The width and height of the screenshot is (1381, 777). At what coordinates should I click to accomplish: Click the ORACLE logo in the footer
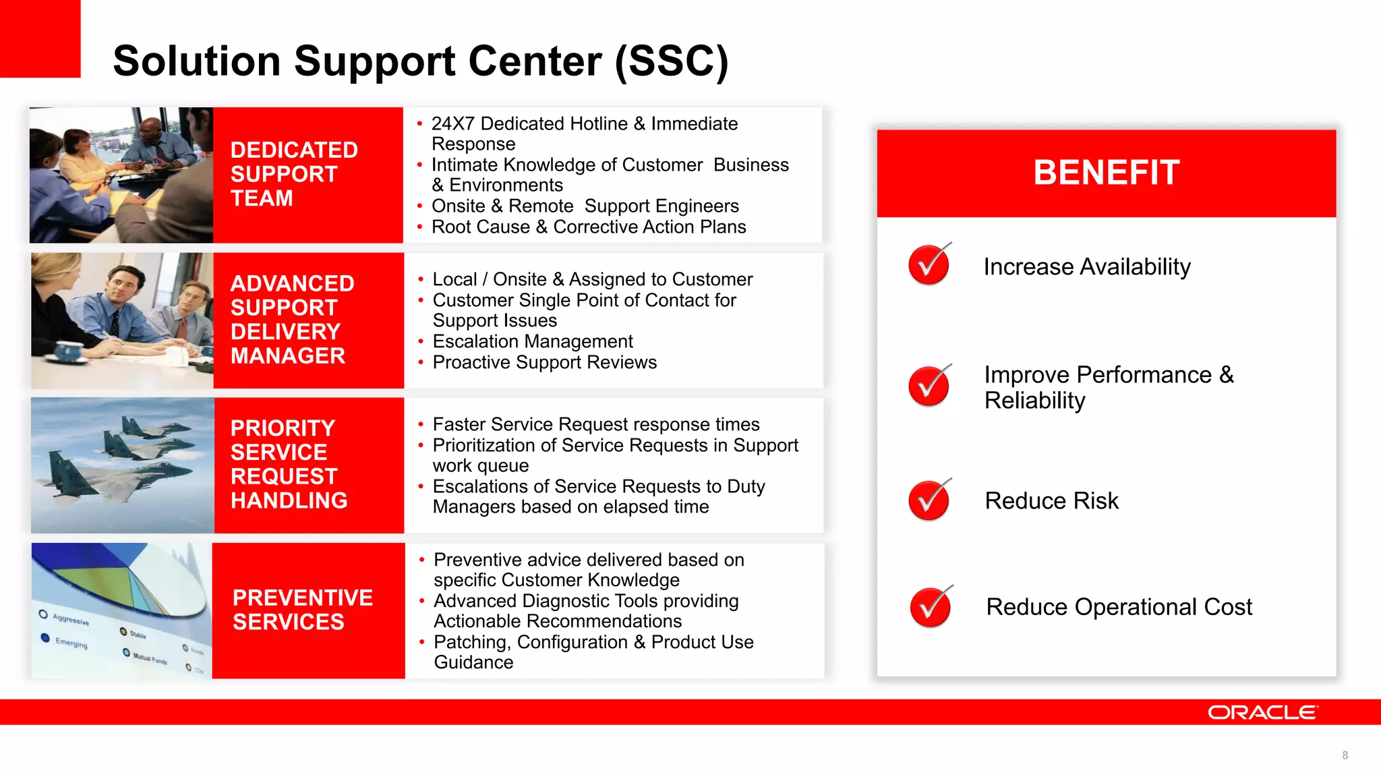[x=1262, y=712]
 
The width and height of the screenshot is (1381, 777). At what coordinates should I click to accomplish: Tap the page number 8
[x=1345, y=755]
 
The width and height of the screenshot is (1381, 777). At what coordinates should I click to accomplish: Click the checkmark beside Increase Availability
[x=929, y=264]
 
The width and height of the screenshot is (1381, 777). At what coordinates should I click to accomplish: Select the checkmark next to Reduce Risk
[x=929, y=500]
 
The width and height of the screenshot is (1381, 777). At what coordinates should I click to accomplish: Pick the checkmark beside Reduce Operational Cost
[x=931, y=606]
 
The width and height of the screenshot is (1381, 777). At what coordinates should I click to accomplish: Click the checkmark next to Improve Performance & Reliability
[x=929, y=386]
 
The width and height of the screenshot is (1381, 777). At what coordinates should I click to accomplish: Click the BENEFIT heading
[x=1107, y=173]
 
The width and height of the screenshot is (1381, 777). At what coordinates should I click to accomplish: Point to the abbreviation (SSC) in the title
[x=672, y=61]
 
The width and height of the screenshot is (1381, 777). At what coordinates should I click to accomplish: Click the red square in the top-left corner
[x=40, y=38]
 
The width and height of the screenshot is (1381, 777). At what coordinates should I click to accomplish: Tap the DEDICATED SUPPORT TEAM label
[x=294, y=174]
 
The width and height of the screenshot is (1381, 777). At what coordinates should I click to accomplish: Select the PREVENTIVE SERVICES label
[x=302, y=610]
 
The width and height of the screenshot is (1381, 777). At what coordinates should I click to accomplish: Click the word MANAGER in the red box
[x=288, y=355]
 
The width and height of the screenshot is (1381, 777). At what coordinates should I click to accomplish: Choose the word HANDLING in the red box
[x=289, y=500]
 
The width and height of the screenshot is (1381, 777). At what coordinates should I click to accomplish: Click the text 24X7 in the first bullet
[x=453, y=124]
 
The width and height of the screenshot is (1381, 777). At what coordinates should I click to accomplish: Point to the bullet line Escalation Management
[x=533, y=341]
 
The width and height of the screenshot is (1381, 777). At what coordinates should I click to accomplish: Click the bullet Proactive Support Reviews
[x=544, y=362]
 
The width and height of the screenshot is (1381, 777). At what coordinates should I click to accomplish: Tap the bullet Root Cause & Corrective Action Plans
[x=589, y=227]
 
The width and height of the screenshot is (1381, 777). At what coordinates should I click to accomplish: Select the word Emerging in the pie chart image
[x=71, y=643]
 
